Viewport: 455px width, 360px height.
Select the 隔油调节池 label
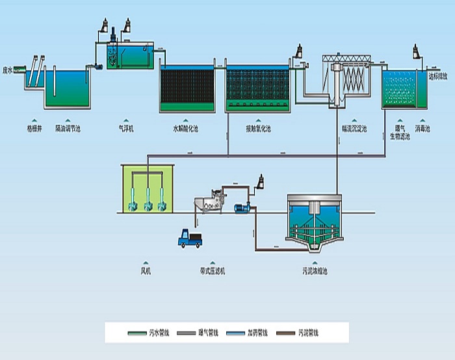click(68, 129)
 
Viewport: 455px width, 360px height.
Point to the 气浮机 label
click(126, 129)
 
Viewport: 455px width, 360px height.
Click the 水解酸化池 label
click(185, 129)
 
